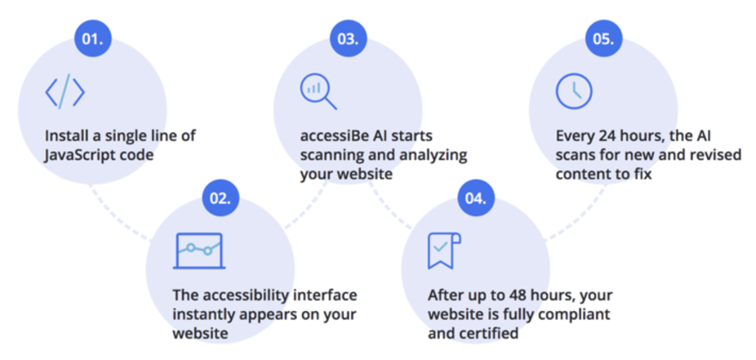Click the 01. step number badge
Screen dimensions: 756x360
[x=93, y=38]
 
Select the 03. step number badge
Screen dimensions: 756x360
[x=348, y=38]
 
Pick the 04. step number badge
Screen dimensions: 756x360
[x=476, y=198]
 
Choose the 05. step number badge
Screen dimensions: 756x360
[x=603, y=38]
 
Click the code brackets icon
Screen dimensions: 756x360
[x=65, y=91]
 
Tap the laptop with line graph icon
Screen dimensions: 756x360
[x=198, y=251]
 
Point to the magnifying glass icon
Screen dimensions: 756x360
[x=318, y=92]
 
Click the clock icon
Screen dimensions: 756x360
[x=574, y=91]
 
